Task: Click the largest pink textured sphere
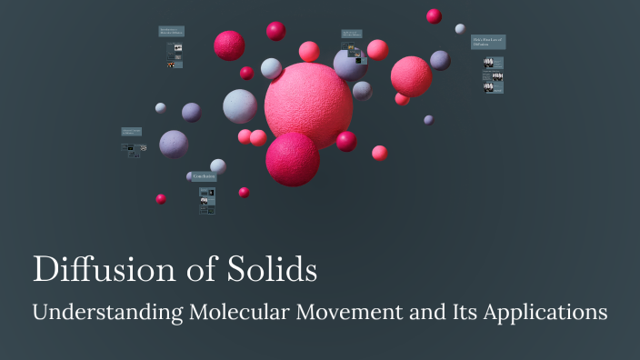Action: [308, 105]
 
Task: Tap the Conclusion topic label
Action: [204, 175]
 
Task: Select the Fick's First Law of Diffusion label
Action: [488, 42]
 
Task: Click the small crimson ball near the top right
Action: [434, 16]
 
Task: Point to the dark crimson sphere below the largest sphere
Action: [292, 158]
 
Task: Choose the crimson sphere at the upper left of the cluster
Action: [229, 45]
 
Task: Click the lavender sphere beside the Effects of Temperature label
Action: [174, 144]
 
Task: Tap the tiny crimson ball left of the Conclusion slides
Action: [161, 199]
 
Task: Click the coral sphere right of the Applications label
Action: [377, 50]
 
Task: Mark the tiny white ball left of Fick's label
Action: [460, 29]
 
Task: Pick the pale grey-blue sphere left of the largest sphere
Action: [240, 106]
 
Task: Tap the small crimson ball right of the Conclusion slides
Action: [244, 192]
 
